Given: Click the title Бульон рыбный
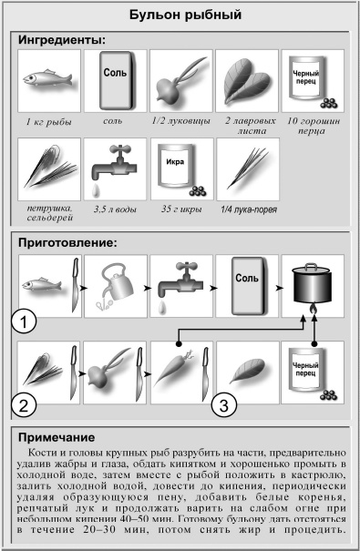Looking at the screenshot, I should (x=180, y=15).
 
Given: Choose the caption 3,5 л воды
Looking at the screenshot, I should (x=113, y=209).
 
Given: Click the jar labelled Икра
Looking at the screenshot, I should (x=179, y=169).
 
